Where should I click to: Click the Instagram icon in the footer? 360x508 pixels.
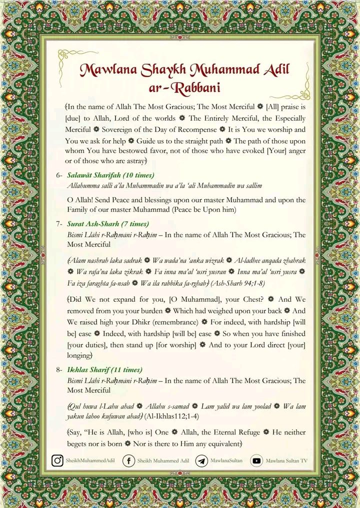(x=58, y=460)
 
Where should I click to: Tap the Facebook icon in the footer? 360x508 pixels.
(x=129, y=460)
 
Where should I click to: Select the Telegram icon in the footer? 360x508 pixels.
(x=202, y=460)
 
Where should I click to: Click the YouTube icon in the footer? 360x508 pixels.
(x=257, y=460)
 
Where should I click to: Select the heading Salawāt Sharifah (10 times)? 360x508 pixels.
(x=110, y=175)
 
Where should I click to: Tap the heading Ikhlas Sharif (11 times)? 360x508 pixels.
(x=105, y=370)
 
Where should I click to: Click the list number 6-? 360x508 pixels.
(x=59, y=176)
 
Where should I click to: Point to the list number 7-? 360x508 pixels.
(x=59, y=224)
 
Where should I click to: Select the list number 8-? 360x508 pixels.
(x=59, y=370)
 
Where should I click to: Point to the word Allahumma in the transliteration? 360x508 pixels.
(x=84, y=185)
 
